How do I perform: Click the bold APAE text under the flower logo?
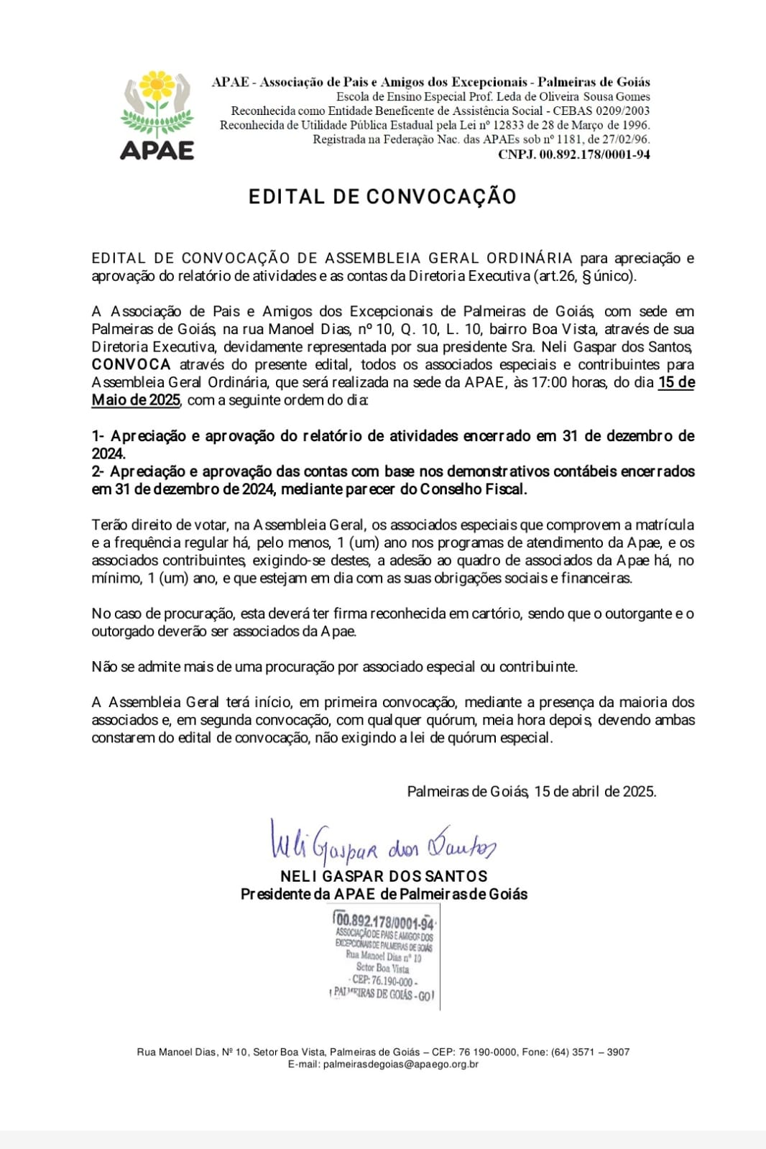point(157,150)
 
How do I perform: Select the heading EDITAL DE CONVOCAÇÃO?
point(382,197)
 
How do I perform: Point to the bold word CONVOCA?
point(131,364)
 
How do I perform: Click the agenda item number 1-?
point(98,436)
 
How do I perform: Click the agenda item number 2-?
point(98,472)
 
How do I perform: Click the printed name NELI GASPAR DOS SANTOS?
point(384,876)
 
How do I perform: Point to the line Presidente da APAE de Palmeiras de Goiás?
point(384,894)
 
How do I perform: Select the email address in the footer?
point(401,1064)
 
